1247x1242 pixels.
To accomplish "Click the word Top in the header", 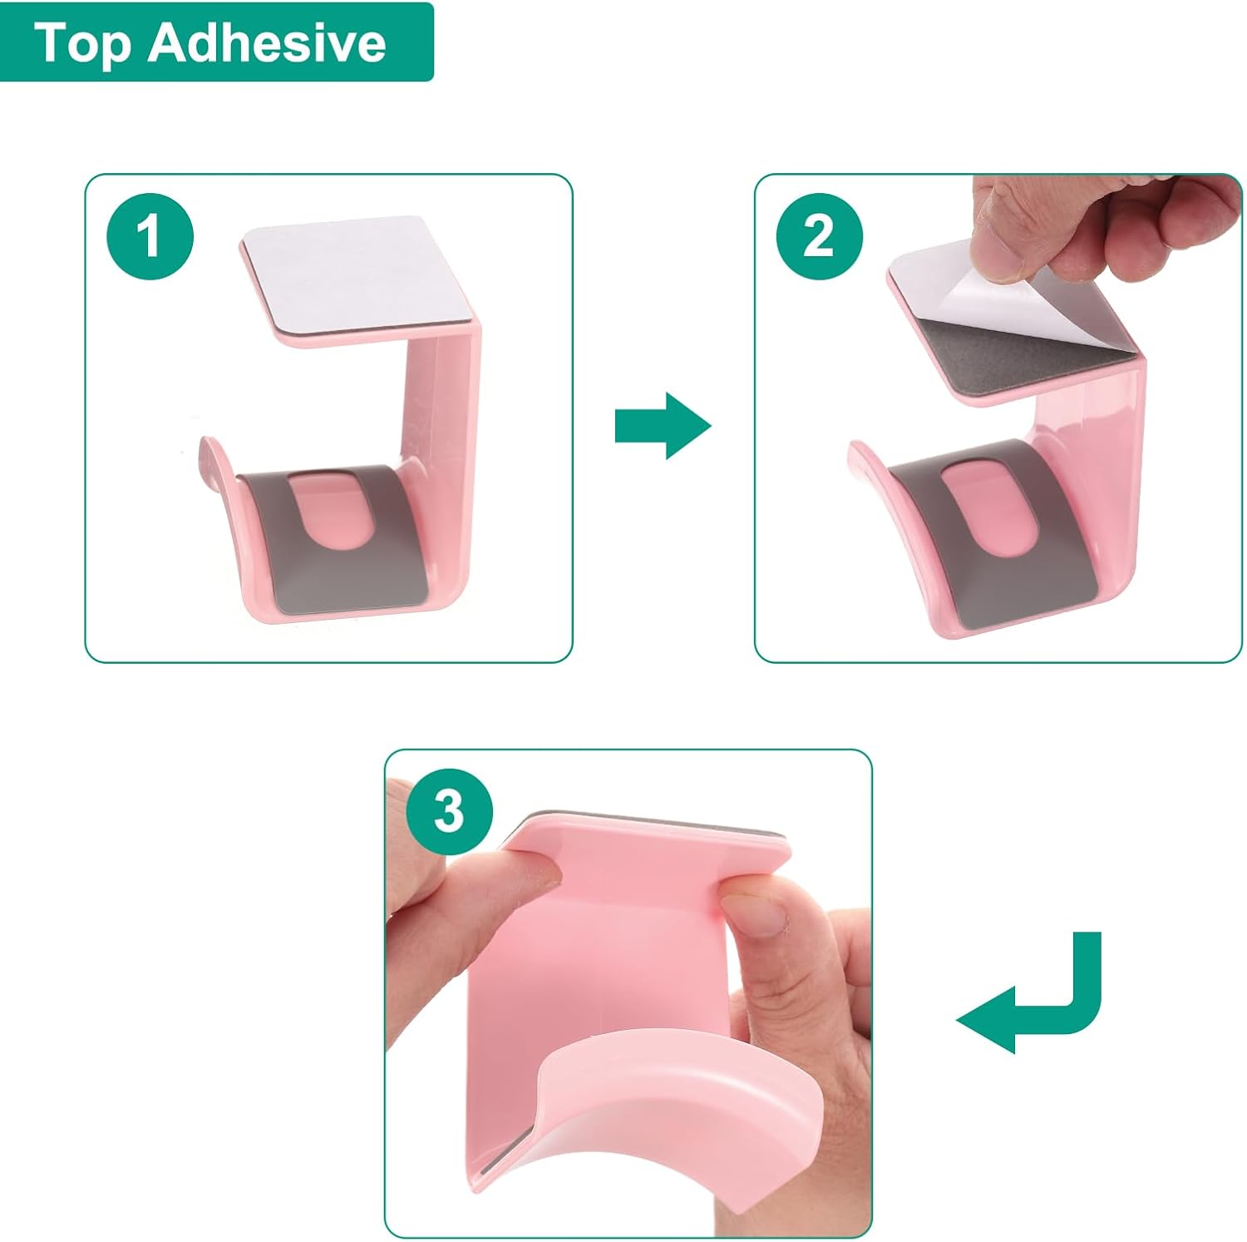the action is click(x=82, y=43).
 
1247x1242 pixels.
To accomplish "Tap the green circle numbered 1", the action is click(x=150, y=235).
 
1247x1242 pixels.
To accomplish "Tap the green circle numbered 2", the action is click(x=819, y=235).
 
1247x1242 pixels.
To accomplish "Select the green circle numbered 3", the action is click(x=450, y=811).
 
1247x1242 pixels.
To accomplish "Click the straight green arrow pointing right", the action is click(x=663, y=426).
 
